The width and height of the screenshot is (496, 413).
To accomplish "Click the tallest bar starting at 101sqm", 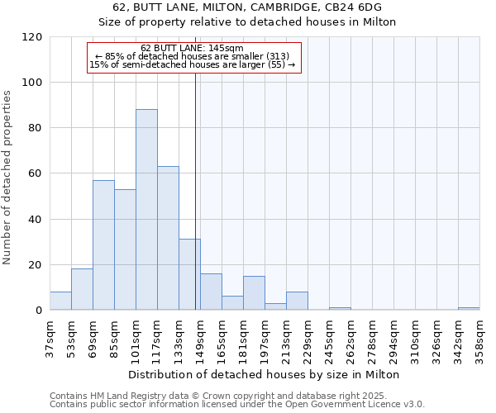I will click(x=146, y=210).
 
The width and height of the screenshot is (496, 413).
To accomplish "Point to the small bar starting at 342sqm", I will click(x=469, y=308).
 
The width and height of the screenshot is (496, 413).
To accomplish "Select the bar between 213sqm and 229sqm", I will click(x=297, y=301).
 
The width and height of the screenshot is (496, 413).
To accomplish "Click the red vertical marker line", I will click(x=195, y=182).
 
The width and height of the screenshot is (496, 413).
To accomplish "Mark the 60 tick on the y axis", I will click(x=36, y=173).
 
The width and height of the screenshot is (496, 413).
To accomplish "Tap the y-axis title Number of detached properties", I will click(x=7, y=178).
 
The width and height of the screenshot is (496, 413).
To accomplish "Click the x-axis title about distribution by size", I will click(x=264, y=374).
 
